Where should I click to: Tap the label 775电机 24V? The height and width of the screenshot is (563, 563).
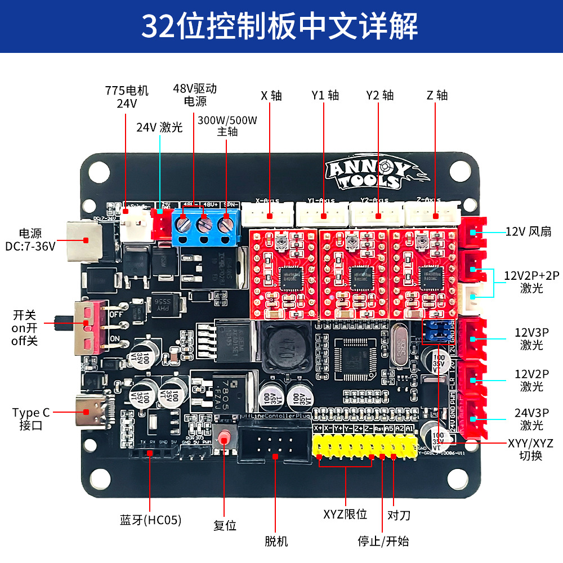[127, 97]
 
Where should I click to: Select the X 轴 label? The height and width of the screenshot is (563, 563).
[271, 95]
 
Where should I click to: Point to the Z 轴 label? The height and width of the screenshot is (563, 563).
[437, 95]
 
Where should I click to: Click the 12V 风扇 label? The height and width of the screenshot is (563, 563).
[528, 231]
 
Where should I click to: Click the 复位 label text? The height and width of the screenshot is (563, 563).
[225, 525]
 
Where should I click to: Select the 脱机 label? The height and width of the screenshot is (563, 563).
[276, 541]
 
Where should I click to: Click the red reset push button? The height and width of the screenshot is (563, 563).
[225, 437]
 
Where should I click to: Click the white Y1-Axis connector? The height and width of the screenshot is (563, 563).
[323, 215]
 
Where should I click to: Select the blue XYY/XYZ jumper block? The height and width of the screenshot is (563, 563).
[436, 332]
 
